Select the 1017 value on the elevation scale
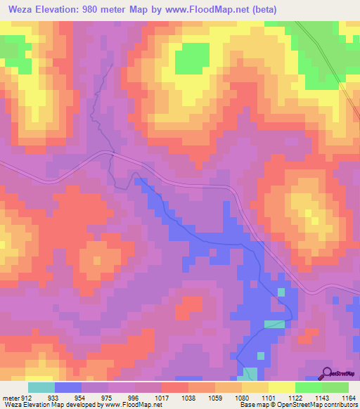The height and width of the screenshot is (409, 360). (x=161, y=397)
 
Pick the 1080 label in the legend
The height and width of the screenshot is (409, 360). (x=241, y=397)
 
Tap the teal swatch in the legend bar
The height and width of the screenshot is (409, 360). (x=41, y=387)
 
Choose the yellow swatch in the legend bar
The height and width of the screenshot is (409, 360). (x=282, y=387)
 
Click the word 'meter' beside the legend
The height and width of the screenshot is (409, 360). (x=10, y=397)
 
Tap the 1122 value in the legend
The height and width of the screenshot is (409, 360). (x=295, y=397)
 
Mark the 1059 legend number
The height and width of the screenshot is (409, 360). (x=214, y=397)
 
